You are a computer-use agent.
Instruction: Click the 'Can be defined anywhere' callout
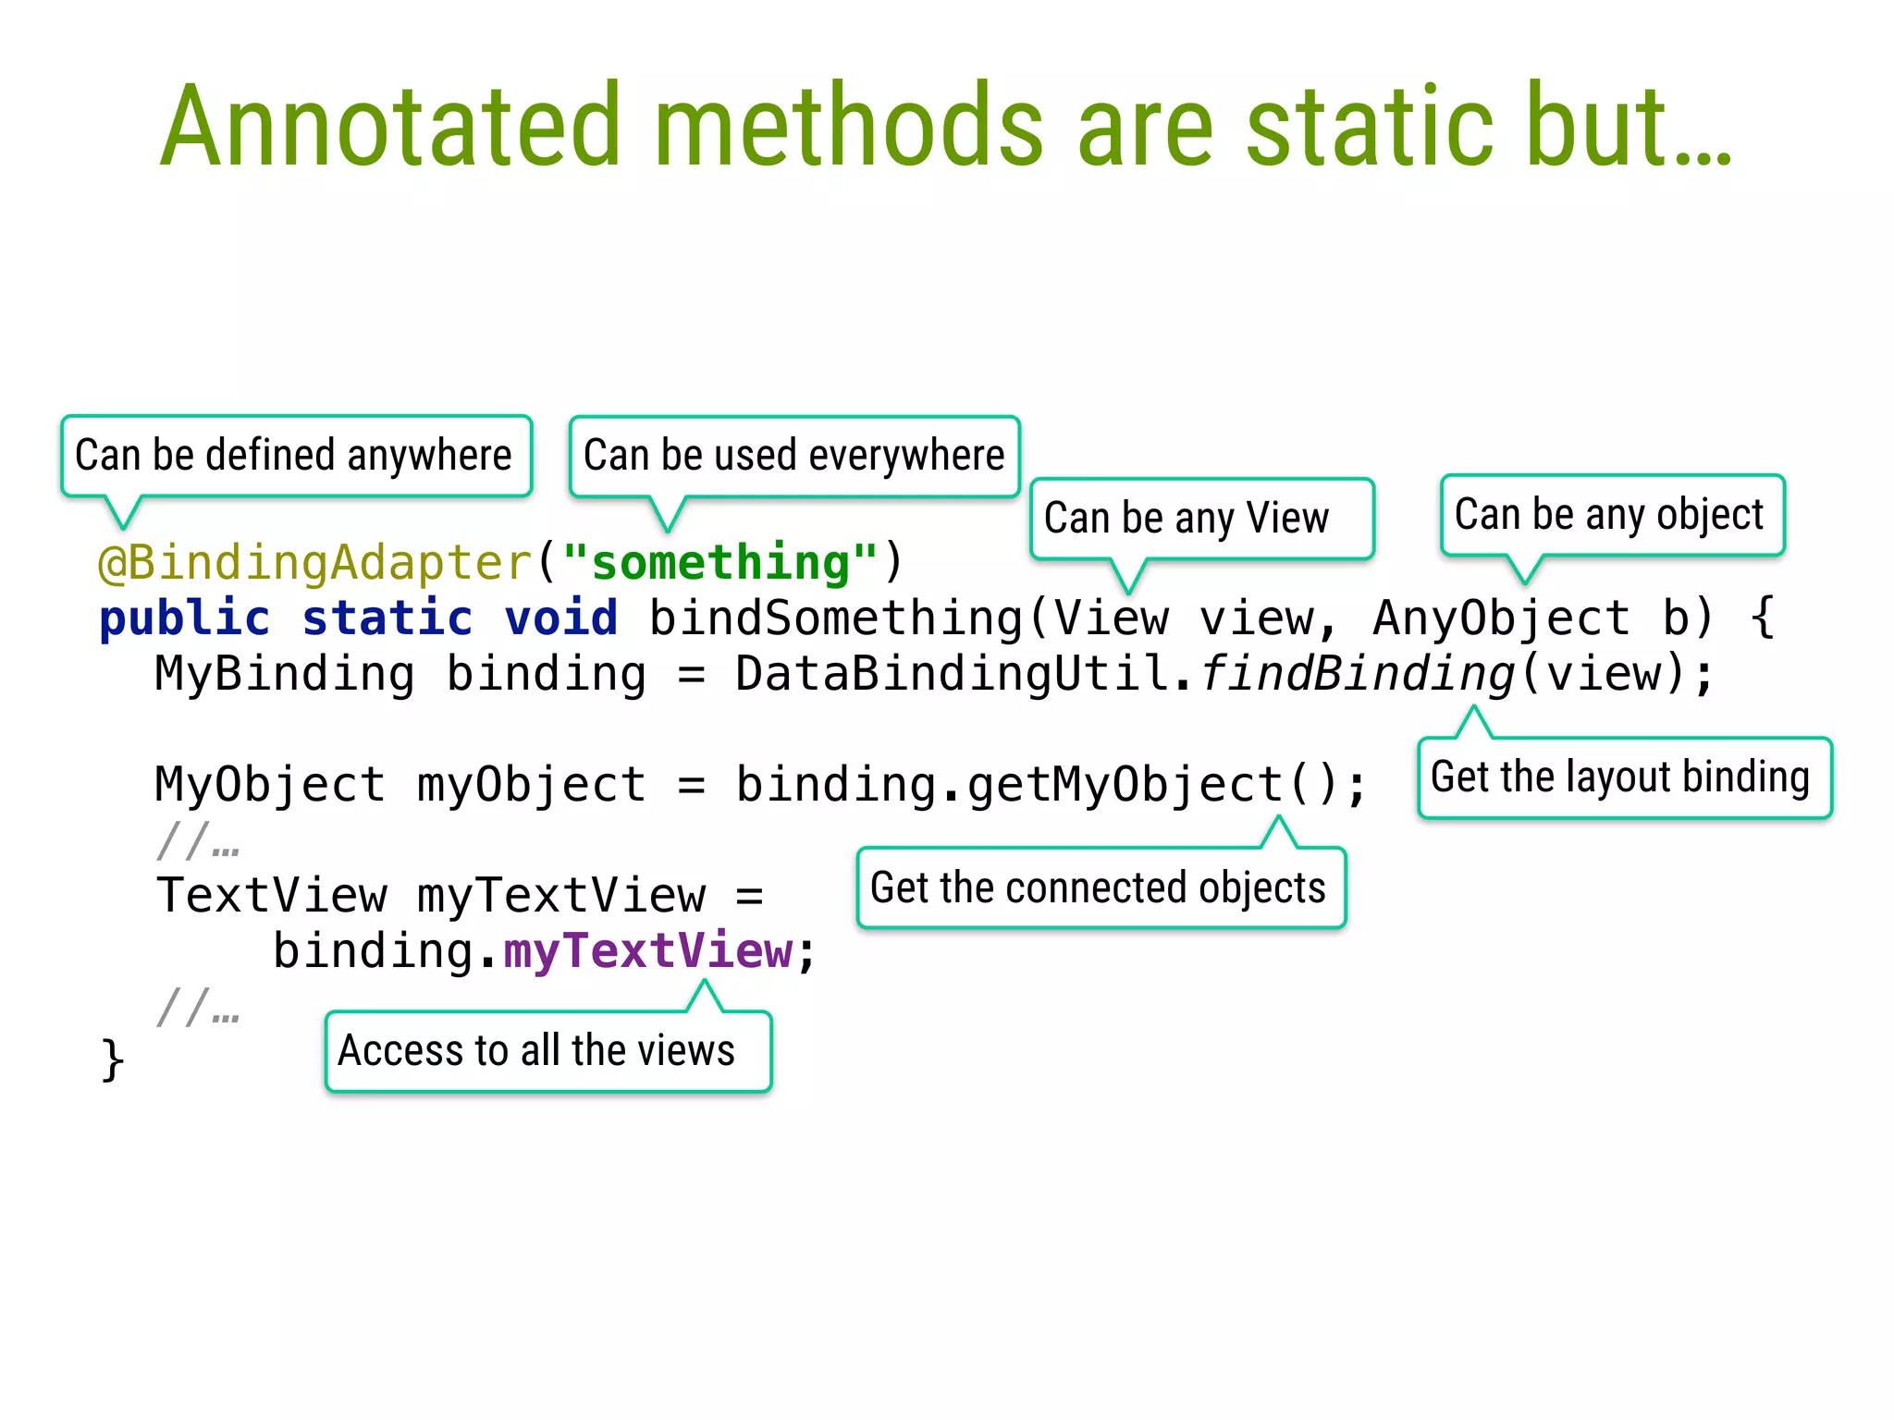[x=294, y=455]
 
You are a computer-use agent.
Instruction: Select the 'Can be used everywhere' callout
[x=793, y=455]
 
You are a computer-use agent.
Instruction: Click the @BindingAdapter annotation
[x=314, y=562]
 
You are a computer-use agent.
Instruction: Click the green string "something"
[x=720, y=562]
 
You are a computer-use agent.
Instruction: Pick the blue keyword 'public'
[x=185, y=618]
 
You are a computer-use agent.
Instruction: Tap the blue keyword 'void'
[x=561, y=618]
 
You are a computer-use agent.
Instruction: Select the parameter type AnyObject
[x=1500, y=618]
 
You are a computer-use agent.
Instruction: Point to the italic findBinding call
[x=1357, y=673]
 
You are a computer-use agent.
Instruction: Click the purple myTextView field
[x=647, y=950]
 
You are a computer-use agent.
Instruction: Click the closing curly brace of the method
[x=112, y=1059]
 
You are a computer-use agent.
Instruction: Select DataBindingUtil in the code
[x=953, y=673]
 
